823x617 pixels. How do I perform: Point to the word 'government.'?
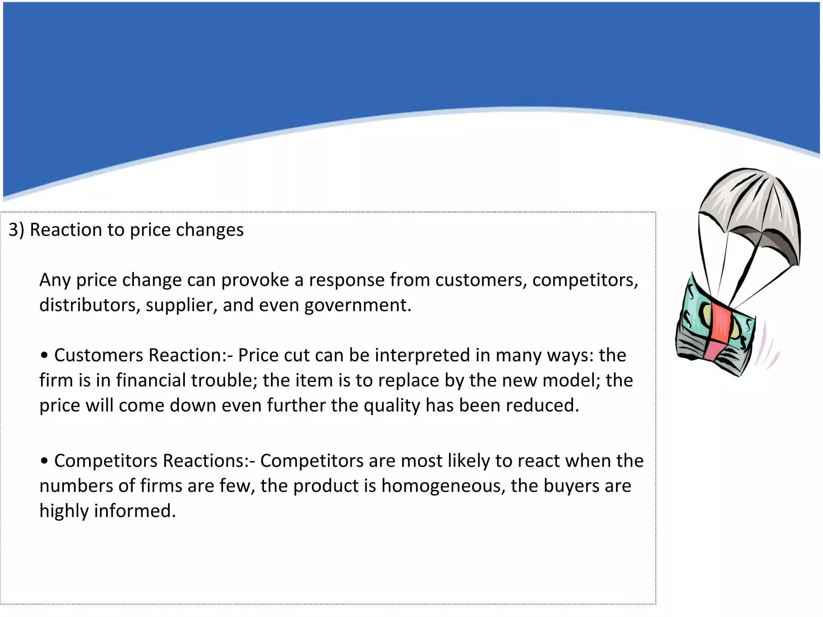[x=358, y=306]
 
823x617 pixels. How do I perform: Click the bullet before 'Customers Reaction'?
[x=45, y=355]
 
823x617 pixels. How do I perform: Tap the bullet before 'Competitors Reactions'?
[x=45, y=461]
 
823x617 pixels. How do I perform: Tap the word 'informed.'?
[x=135, y=511]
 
